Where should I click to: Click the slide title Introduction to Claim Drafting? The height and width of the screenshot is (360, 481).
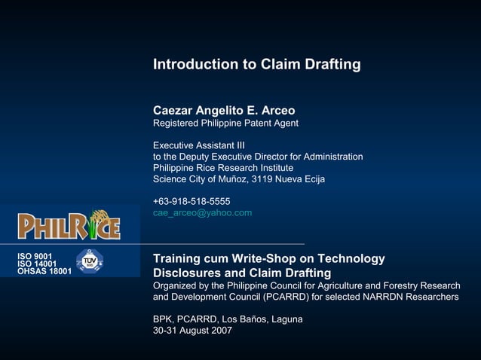256,65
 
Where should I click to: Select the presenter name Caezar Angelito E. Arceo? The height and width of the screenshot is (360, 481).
224,111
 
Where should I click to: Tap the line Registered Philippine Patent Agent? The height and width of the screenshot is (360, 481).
225,124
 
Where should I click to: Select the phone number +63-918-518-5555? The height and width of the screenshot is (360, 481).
191,201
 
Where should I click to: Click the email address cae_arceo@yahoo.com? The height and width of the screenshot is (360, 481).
202,213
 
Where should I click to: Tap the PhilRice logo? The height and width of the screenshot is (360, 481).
69,224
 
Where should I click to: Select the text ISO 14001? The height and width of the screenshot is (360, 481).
37,264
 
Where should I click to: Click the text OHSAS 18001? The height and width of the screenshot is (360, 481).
44,271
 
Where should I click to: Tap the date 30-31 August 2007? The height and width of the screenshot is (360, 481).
192,331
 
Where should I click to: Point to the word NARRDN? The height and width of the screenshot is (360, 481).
375,297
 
